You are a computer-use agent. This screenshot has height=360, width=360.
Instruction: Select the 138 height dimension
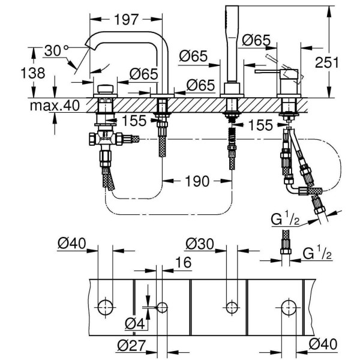click(x=38, y=73)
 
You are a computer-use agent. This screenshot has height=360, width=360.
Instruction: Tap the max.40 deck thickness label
click(x=52, y=107)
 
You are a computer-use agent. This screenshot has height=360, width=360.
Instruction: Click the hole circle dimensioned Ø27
click(x=162, y=307)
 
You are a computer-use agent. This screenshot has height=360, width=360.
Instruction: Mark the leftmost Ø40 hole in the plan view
click(x=105, y=307)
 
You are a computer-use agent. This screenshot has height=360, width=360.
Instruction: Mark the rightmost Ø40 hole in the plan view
click(x=287, y=307)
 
